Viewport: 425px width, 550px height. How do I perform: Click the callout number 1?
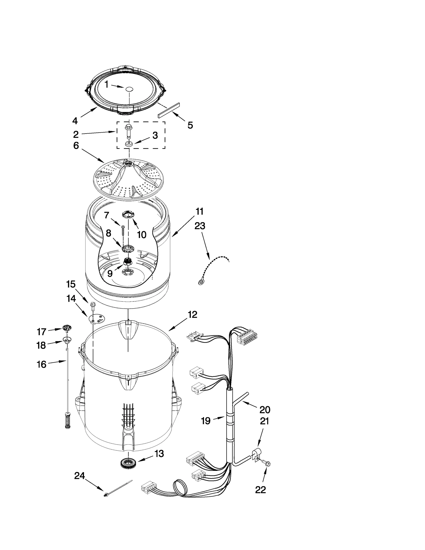click(106, 84)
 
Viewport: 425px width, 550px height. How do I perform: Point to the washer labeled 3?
click(129, 144)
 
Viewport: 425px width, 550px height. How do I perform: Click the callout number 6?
click(76, 146)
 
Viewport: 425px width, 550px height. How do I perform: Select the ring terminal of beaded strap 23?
click(201, 282)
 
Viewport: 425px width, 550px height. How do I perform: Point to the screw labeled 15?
click(93, 305)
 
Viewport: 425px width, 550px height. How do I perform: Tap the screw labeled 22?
click(267, 464)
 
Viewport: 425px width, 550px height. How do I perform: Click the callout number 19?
click(206, 421)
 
